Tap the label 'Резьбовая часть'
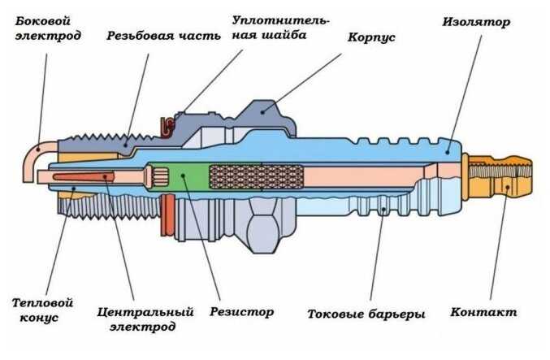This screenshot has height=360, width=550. coord(154,37)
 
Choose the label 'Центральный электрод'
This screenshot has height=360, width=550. coord(145,319)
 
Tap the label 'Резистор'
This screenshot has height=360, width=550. coord(241,311)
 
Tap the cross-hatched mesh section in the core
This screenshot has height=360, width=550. coord(255,176)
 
